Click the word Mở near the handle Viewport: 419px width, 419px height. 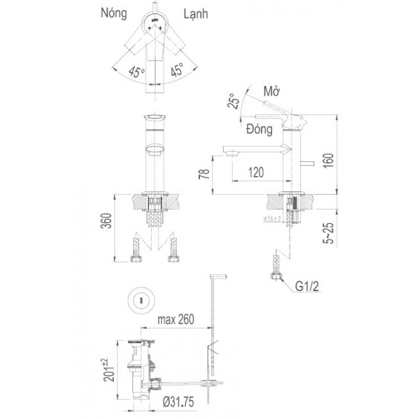[273, 92]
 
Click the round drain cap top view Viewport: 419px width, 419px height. [140, 300]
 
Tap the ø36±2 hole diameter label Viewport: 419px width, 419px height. [273, 219]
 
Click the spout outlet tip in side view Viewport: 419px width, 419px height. [229, 151]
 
